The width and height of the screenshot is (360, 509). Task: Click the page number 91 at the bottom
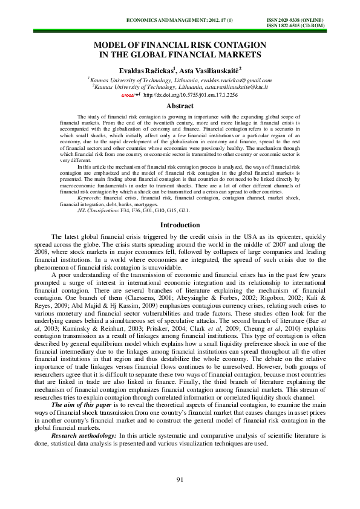point(180,480)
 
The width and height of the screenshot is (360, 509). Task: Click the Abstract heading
point(180,106)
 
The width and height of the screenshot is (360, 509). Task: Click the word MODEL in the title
point(110,45)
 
